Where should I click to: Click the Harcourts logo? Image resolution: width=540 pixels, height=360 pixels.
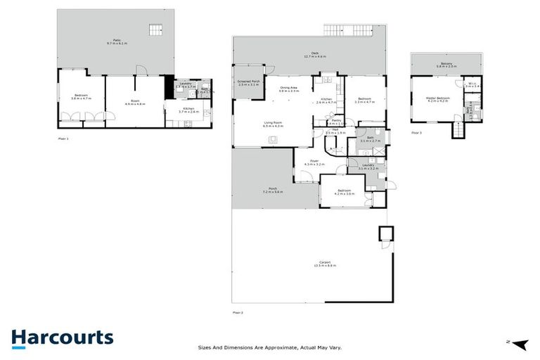coord(62,337)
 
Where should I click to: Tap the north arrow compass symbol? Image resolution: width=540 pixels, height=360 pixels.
coord(519,344)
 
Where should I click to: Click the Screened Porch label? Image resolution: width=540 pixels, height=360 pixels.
coord(250,82)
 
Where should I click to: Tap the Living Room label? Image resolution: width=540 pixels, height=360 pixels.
coord(273,124)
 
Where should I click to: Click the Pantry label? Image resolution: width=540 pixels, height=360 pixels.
coord(337,121)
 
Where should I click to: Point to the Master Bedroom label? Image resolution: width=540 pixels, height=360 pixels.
coord(438,99)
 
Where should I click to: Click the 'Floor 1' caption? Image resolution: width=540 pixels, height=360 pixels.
coord(63,139)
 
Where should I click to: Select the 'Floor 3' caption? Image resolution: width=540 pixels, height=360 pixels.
coord(416,132)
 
